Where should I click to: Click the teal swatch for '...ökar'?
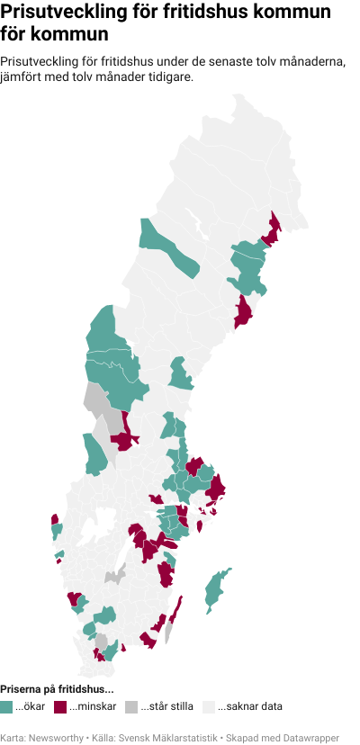coord(6,707)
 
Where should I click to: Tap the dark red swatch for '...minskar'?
coord(61,707)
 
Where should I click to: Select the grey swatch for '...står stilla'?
coord(132,707)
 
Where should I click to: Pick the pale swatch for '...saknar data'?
coord(209,707)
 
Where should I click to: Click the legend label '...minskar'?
coord(94,707)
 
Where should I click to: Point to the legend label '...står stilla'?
coord(167,707)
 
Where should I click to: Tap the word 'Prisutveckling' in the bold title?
coord(55,13)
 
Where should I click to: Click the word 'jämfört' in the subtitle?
coord(20,76)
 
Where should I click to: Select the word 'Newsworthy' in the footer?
coord(53,737)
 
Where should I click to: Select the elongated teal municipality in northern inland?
coord(169,247)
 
